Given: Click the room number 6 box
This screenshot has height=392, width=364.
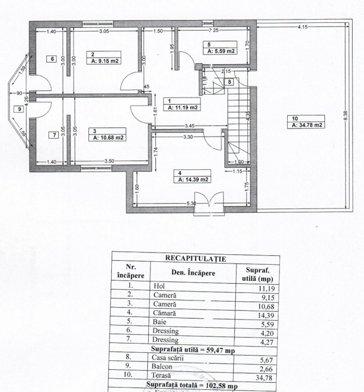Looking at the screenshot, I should click(52, 59).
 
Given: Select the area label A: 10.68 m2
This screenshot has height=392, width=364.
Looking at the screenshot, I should click(110, 138).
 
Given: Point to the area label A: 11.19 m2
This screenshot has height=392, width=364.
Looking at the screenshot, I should click(183, 107).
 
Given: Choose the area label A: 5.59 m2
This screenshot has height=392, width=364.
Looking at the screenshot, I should click(221, 51).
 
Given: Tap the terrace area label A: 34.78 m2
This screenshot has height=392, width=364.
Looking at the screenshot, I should click(308, 125).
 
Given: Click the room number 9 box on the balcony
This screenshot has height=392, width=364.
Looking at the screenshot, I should click(20, 109).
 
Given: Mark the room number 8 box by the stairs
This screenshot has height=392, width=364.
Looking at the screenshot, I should click(230, 82).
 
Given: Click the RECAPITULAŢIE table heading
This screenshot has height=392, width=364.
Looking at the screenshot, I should click(196, 258).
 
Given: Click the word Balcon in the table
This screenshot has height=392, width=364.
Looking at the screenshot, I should click(164, 367).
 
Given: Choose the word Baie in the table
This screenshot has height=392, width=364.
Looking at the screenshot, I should click(160, 321).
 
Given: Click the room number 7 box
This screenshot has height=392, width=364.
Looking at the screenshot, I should click(53, 135).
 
